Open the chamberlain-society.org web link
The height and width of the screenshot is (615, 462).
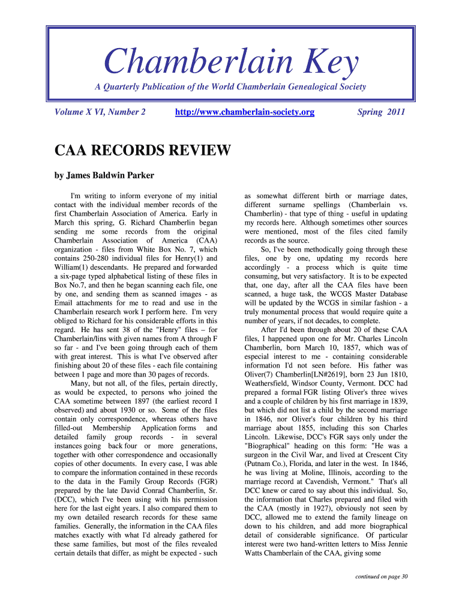click(x=244, y=112)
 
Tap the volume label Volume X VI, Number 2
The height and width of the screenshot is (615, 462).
click(x=100, y=112)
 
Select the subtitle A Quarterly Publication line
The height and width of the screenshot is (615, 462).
click(x=230, y=87)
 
